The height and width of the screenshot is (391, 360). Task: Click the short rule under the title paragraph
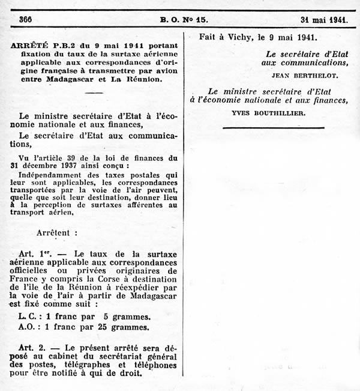[x=94, y=93]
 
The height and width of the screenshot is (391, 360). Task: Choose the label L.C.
[x=28, y=317]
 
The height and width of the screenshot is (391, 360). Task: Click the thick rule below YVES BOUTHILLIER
[x=273, y=128]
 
